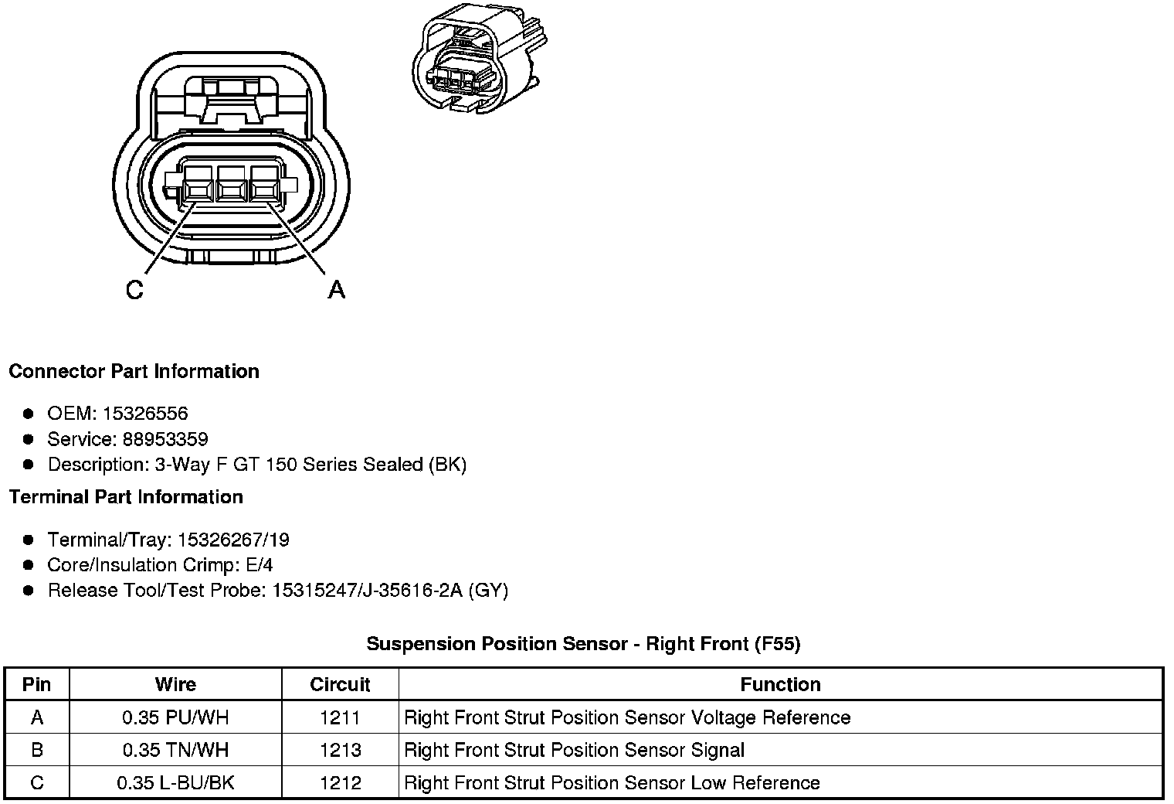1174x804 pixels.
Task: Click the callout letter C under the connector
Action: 134,290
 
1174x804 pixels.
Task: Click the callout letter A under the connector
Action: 337,290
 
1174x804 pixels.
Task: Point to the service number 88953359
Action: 165,439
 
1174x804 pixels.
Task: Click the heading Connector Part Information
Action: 134,371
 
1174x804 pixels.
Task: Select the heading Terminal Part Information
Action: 126,496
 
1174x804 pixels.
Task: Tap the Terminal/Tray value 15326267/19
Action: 233,540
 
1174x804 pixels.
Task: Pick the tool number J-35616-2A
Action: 413,591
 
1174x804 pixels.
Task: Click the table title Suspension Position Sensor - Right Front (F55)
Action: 583,643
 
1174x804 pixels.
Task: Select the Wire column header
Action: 175,684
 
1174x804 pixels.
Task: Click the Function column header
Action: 780,684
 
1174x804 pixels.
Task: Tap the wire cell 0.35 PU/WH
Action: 175,717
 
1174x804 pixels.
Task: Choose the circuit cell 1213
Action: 340,750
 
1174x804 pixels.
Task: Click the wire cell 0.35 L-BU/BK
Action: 175,782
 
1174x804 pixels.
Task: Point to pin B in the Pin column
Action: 37,750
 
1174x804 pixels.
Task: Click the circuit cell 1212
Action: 340,782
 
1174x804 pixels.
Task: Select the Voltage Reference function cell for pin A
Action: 627,717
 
